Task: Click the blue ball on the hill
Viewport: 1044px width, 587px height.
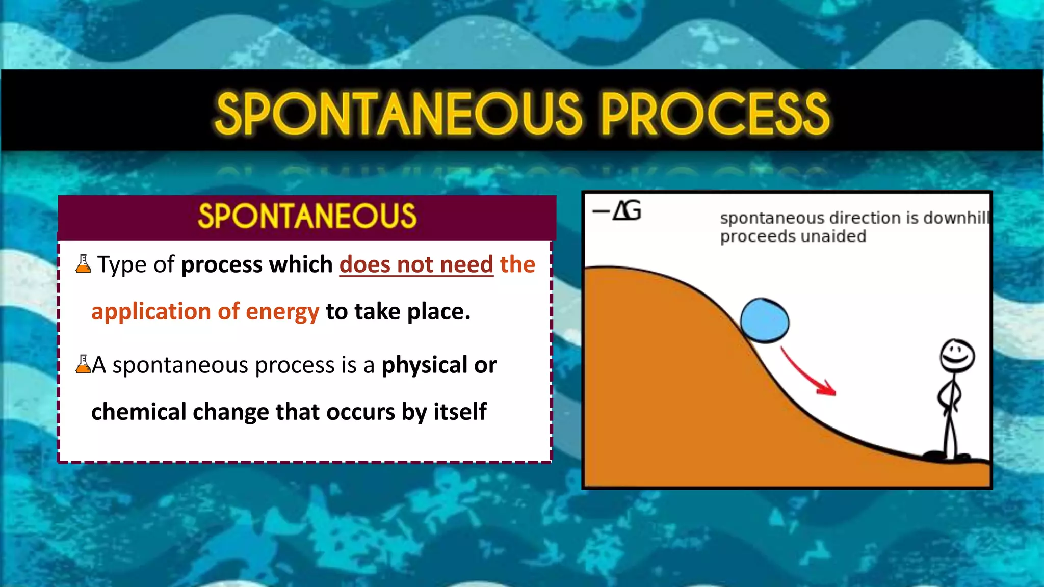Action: (764, 321)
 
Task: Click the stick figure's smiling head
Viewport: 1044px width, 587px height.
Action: (957, 356)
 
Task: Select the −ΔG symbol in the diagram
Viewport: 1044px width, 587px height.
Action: (617, 210)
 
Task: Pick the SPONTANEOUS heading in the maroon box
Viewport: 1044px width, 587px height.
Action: (307, 216)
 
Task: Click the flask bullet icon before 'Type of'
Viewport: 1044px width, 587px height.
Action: (83, 264)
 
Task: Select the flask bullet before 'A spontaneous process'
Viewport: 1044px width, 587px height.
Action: (83, 364)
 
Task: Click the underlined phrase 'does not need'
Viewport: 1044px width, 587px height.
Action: (416, 264)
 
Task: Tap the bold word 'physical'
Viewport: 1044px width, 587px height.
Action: (424, 365)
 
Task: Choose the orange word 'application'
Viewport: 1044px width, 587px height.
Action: (151, 312)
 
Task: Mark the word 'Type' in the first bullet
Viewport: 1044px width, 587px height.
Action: (122, 265)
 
